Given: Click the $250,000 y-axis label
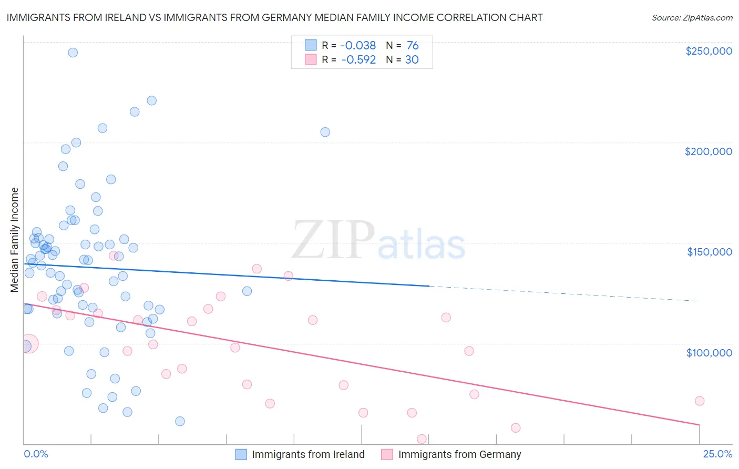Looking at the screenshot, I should [709, 51].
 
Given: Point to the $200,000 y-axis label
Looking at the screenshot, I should [708, 151].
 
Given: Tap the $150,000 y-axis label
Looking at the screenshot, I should [709, 252].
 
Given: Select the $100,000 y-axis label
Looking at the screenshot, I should [709, 352].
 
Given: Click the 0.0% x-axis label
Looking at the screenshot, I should [36, 454].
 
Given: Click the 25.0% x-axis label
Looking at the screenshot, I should [717, 454].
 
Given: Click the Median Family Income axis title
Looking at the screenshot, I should [15, 240].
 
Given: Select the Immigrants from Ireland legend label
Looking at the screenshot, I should [308, 454].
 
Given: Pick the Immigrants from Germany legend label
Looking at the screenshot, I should [459, 454].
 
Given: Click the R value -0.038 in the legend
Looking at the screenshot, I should [358, 46].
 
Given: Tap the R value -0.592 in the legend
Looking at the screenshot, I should [358, 60].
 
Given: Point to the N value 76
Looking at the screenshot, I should [413, 46].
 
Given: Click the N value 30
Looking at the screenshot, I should [412, 60].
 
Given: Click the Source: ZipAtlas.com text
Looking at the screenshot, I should [692, 18].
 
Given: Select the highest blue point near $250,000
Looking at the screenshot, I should [73, 53].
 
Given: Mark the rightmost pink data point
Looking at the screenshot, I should [700, 401].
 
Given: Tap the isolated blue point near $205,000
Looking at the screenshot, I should [325, 132].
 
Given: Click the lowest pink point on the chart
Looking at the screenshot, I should [422, 439].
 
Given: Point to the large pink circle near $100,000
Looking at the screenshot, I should [28, 344].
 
